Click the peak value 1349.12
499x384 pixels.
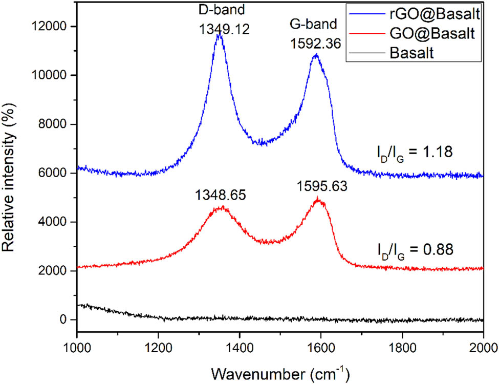224,29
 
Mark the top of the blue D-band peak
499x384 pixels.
220,34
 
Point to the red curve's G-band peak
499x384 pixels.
318,199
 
